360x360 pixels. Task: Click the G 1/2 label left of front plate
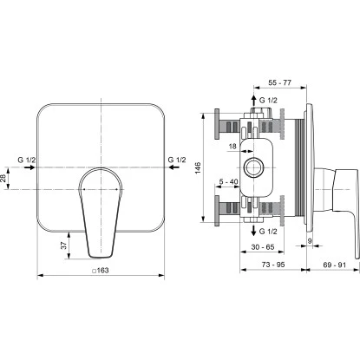[29, 160]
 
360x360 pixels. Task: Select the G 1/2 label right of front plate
[176, 160]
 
